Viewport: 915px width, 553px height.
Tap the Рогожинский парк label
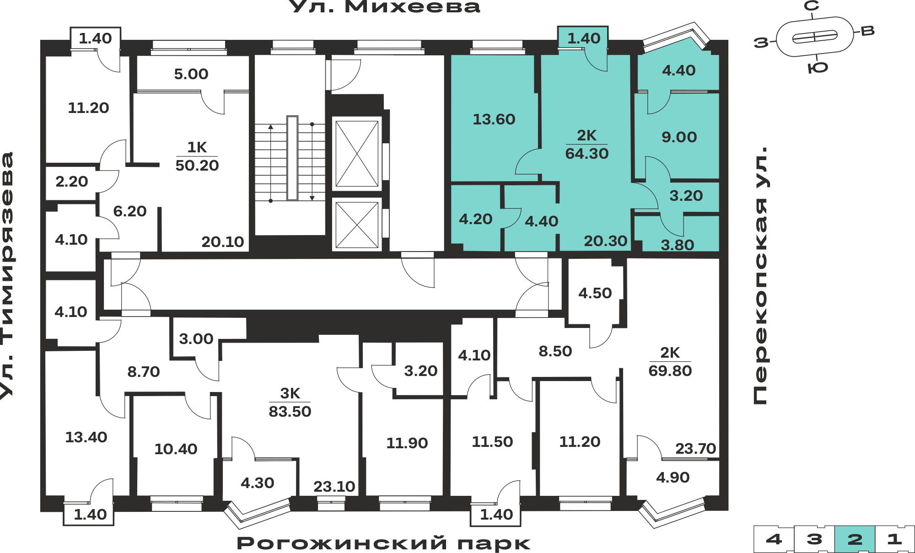(383, 543)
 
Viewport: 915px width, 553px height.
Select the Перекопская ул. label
(760, 275)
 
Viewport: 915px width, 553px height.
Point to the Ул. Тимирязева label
(8, 276)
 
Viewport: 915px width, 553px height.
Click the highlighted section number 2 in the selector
(855, 539)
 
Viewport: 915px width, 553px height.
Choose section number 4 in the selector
(774, 539)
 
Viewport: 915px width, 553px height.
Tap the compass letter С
(812, 6)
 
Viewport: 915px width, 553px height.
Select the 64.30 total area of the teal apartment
(587, 153)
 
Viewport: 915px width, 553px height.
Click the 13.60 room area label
(494, 119)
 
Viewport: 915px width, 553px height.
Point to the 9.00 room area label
(679, 137)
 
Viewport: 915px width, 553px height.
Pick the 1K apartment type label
(197, 147)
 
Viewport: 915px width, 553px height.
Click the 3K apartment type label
(290, 393)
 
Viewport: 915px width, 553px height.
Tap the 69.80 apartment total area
(670, 370)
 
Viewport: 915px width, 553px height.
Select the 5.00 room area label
(191, 74)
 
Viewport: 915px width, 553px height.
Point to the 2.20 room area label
(72, 182)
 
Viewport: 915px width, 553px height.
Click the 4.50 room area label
(595, 293)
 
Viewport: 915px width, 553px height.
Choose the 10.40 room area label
(176, 449)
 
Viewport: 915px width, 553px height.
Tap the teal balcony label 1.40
(584, 38)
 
